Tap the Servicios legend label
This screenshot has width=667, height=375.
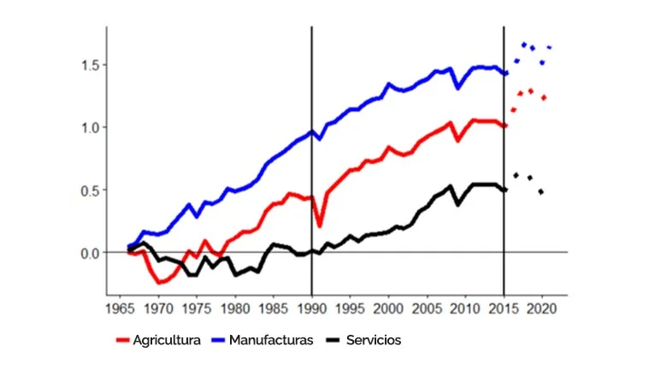(x=373, y=340)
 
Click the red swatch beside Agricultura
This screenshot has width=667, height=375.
(x=122, y=340)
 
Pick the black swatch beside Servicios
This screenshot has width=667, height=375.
(x=333, y=340)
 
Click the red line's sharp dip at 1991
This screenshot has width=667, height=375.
(x=319, y=226)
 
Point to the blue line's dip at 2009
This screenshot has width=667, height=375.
(x=458, y=87)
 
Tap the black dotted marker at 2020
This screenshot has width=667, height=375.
(x=541, y=191)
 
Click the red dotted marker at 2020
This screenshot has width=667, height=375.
(x=543, y=98)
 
